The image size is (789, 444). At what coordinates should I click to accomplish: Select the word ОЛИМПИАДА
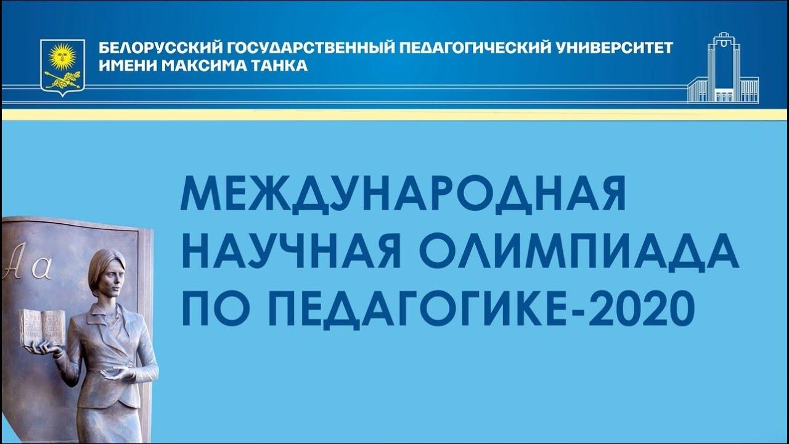(x=579, y=253)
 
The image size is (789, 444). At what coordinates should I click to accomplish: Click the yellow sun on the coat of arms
(x=62, y=55)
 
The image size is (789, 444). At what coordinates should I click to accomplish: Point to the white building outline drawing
(x=723, y=68)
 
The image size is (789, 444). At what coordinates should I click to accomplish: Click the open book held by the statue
(x=43, y=327)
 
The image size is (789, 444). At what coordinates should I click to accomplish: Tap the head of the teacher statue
(x=107, y=273)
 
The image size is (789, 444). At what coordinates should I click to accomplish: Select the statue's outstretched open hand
(x=118, y=373)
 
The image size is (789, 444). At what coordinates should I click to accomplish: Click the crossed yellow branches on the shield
(x=63, y=80)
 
